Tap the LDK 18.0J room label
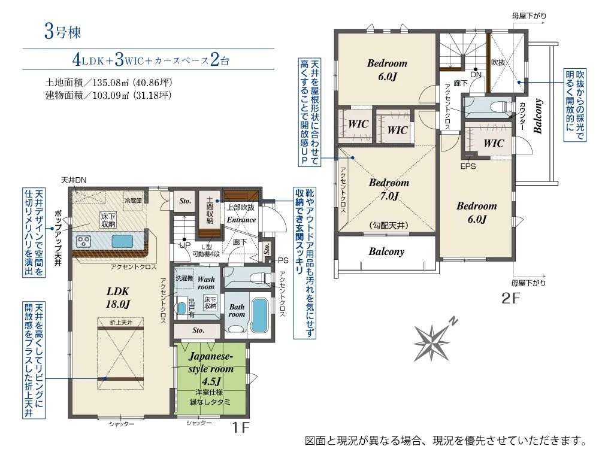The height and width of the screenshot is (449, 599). click(x=117, y=298)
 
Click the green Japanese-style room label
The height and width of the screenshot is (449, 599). click(x=210, y=368)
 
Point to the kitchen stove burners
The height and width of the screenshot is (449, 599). click(x=84, y=241)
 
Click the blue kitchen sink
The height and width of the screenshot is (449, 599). click(x=122, y=242)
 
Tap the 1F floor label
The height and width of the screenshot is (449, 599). click(x=241, y=427)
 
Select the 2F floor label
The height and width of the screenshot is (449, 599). click(x=511, y=298)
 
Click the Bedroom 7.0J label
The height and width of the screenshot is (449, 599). click(x=389, y=189)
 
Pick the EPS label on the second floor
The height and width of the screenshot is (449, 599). click(x=468, y=166)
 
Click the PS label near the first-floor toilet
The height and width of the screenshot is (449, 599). click(x=283, y=260)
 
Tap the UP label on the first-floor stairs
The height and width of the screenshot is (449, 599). click(x=185, y=245)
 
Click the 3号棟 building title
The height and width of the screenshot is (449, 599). click(x=63, y=31)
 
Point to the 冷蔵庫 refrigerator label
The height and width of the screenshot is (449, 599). click(x=133, y=201)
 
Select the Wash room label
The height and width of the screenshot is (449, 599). click(x=206, y=283)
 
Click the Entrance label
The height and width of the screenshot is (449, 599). click(x=241, y=220)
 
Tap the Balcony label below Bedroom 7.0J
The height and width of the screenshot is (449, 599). click(x=386, y=251)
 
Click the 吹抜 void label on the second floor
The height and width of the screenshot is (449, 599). click(x=498, y=62)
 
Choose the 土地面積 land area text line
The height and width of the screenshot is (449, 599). click(x=108, y=83)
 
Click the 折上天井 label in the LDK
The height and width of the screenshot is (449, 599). click(x=121, y=323)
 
